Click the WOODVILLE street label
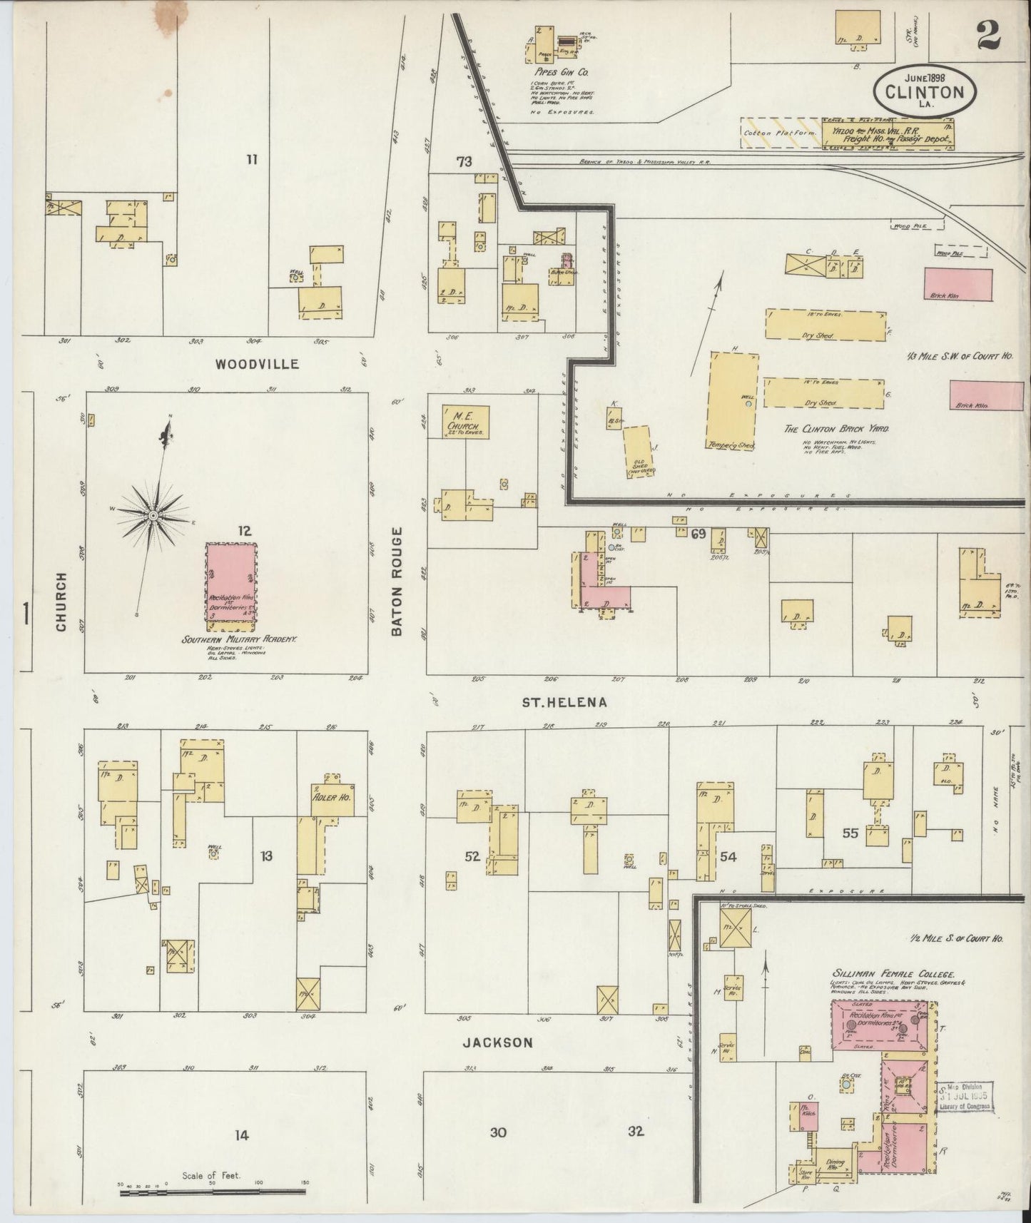point(257,365)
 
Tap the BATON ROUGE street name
point(397,581)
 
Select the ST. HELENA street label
point(564,702)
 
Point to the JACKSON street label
point(497,1042)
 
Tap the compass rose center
point(153,514)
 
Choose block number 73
point(464,163)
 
